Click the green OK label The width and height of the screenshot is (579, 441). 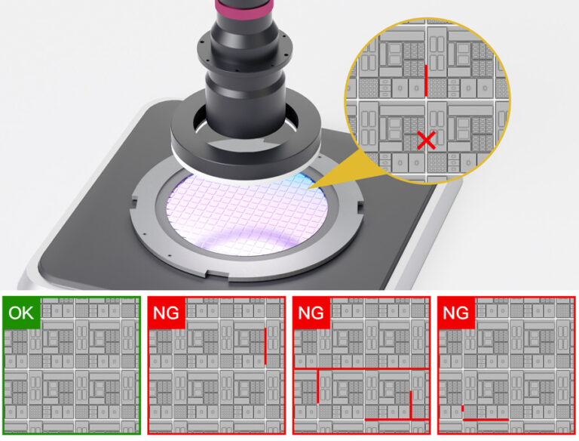click(x=21, y=313)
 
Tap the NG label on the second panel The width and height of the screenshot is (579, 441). click(x=166, y=313)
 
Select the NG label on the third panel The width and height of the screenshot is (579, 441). click(x=311, y=313)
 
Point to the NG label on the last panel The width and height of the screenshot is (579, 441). click(x=455, y=313)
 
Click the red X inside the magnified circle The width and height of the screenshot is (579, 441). click(x=427, y=140)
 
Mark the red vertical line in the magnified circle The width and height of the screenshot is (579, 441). click(x=426, y=80)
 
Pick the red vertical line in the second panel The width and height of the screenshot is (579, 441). click(x=266, y=346)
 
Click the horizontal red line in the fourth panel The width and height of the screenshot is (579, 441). click(x=486, y=419)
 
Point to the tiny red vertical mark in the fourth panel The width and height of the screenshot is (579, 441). click(x=462, y=409)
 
